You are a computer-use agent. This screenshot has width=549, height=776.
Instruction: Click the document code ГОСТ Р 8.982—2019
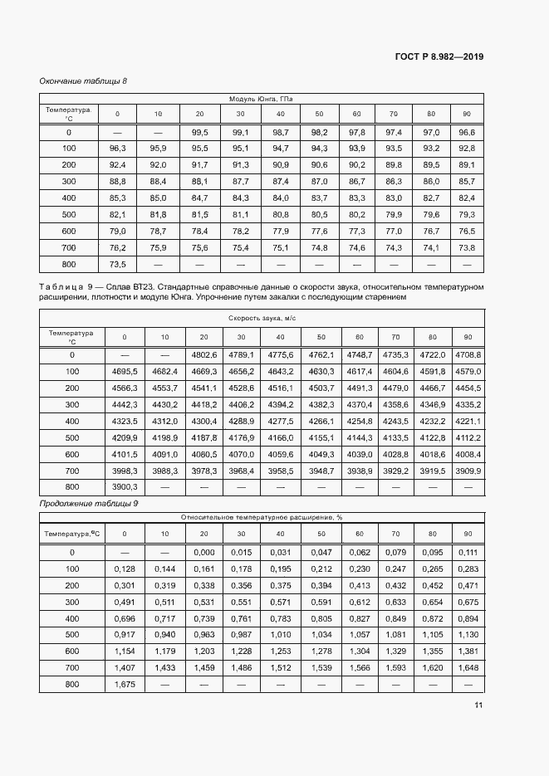click(440, 56)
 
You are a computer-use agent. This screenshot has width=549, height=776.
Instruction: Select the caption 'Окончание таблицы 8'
click(83, 81)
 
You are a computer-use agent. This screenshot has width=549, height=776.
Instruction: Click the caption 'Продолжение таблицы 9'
click(88, 503)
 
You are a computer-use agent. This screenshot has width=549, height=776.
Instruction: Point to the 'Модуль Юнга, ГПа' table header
click(262, 99)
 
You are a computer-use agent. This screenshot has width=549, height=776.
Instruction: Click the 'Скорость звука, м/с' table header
click(262, 318)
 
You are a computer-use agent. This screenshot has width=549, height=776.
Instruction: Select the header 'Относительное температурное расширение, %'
click(262, 517)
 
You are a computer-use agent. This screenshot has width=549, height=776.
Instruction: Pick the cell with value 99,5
click(199, 132)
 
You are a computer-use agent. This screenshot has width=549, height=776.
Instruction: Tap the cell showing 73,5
click(118, 264)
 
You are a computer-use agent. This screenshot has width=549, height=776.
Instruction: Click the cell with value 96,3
click(118, 149)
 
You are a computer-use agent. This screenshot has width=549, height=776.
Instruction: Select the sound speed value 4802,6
click(203, 355)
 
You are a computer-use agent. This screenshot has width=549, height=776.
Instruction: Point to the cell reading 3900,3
click(125, 486)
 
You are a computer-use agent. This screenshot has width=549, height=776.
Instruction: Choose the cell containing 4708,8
click(468, 355)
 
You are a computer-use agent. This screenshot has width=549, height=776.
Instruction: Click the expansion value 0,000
click(203, 553)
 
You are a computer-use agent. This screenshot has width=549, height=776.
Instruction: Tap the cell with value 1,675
click(125, 685)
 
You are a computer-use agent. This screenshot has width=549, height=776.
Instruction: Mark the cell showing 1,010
click(282, 635)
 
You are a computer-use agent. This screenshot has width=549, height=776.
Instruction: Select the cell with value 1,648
click(468, 668)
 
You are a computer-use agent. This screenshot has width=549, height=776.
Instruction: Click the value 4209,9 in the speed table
click(125, 437)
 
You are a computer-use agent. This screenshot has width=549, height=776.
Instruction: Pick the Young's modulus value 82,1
click(118, 214)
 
